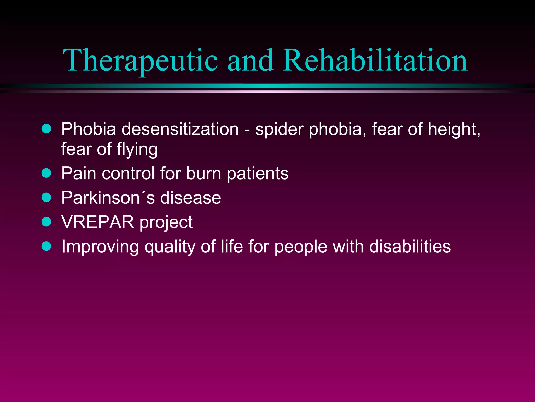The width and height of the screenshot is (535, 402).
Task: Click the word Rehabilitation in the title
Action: click(375, 61)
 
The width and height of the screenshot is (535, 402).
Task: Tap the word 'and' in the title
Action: click(251, 61)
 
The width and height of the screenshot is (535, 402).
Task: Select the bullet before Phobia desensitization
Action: click(46, 129)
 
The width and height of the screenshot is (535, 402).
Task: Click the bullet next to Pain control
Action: click(46, 173)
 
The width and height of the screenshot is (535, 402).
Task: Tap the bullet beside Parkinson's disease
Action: click(46, 197)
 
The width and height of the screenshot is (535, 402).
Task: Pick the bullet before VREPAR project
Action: click(46, 222)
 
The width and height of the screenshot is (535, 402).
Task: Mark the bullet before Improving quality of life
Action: click(46, 246)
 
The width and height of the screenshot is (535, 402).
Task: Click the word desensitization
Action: click(180, 129)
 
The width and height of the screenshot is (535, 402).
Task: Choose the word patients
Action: click(258, 174)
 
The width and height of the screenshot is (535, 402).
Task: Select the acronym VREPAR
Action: click(98, 222)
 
